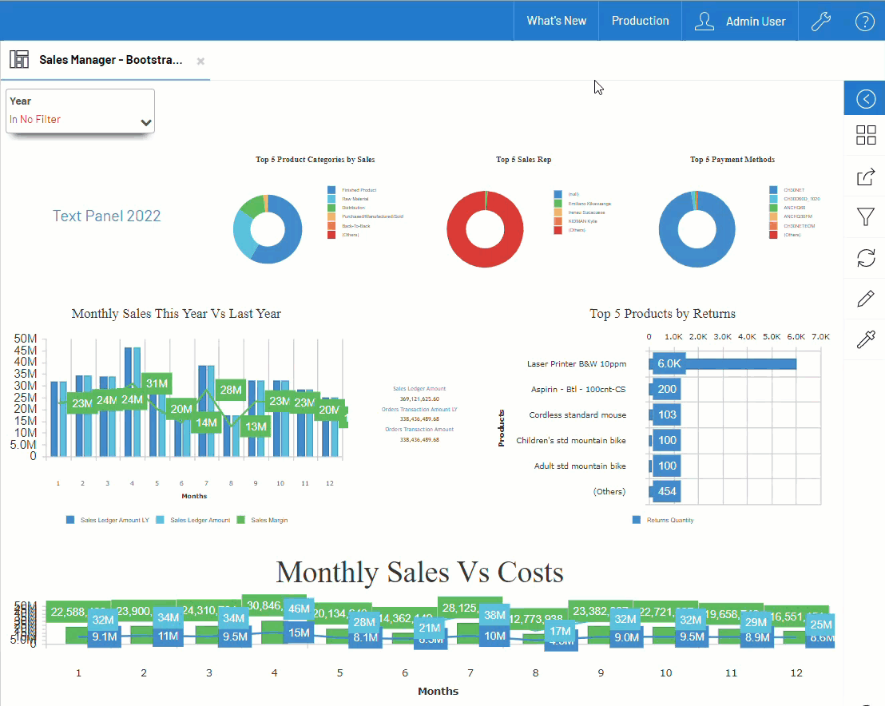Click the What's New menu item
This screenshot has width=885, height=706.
coord(556,21)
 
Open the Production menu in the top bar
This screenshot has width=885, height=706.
coord(640,21)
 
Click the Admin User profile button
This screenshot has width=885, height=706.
coord(740,22)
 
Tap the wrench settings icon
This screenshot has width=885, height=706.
coord(821,22)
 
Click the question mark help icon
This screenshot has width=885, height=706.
coord(864,22)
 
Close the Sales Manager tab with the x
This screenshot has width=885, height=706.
coord(200,61)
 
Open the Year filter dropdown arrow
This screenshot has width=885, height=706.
coord(146,123)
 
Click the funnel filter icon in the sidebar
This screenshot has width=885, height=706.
coord(865,216)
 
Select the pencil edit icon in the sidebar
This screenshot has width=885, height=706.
coord(865,299)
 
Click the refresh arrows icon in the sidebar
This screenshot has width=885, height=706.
coord(865,257)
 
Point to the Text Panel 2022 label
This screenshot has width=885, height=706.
coord(106,216)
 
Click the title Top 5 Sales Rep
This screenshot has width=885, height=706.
coord(523,160)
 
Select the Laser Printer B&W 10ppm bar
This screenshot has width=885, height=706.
coord(724,364)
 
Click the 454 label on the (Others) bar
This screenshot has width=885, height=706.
coord(666,491)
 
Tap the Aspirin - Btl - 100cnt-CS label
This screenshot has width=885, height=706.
coord(578,390)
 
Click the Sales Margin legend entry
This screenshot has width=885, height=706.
coord(269,520)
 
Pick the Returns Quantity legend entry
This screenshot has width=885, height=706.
coord(669,520)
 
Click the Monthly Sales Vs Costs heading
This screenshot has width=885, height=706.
coord(419,572)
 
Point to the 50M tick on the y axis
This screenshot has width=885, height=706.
coord(26,339)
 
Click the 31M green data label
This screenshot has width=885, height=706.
coord(157,383)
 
